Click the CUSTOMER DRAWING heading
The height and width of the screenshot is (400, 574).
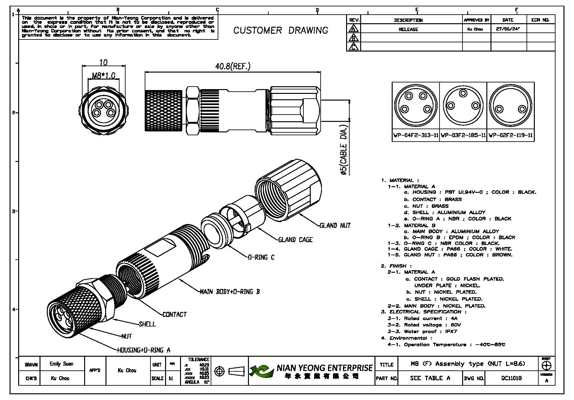[280, 31]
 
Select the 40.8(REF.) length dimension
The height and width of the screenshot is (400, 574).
[233, 67]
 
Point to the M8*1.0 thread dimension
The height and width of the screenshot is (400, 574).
[103, 76]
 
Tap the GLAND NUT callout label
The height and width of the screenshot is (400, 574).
[335, 226]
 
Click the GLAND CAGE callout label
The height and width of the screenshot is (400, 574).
[295, 240]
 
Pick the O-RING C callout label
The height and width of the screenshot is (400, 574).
[261, 257]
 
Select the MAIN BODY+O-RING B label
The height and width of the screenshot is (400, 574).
[229, 291]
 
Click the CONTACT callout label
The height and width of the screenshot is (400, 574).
[174, 315]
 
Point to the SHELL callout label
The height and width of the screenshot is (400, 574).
[147, 324]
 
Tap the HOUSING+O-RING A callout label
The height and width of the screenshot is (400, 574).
[144, 350]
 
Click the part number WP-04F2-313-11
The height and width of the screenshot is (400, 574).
[416, 135]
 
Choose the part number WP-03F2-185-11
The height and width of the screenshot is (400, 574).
[463, 135]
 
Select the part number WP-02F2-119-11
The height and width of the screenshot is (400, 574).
[511, 135]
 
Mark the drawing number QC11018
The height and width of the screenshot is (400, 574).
[512, 378]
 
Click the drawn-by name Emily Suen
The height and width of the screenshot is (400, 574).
[62, 364]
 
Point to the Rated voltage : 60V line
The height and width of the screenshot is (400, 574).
[424, 325]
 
